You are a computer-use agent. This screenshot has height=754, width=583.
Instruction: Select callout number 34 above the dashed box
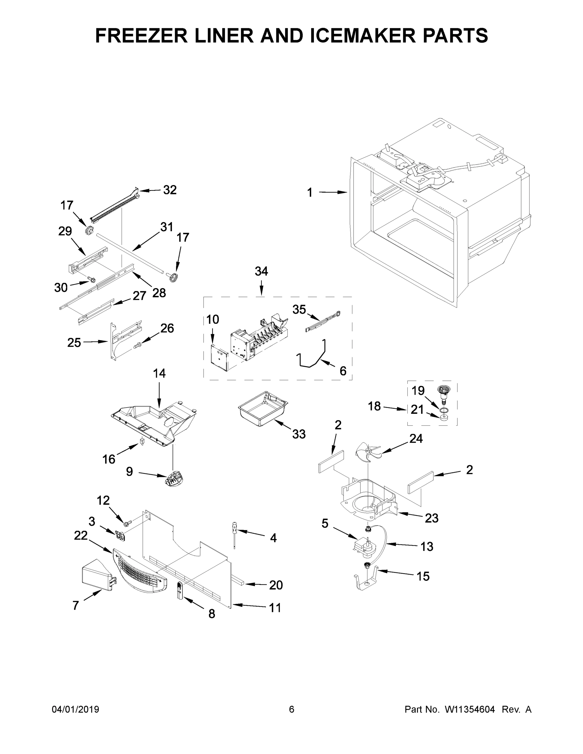(261, 271)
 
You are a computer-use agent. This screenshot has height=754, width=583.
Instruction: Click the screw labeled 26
(137, 345)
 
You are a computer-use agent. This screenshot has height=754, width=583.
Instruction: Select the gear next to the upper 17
(89, 228)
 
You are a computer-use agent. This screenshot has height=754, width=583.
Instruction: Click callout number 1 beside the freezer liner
(310, 193)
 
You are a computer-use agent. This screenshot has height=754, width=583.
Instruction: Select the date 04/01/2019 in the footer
(75, 709)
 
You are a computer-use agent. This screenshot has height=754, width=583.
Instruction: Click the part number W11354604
(470, 709)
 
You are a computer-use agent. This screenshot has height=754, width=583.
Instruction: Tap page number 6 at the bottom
(292, 709)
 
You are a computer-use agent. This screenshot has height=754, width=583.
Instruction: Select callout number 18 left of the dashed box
(374, 406)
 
